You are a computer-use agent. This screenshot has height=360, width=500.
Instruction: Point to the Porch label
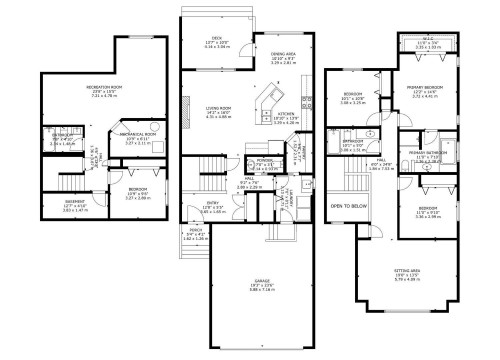[x=194, y=236]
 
